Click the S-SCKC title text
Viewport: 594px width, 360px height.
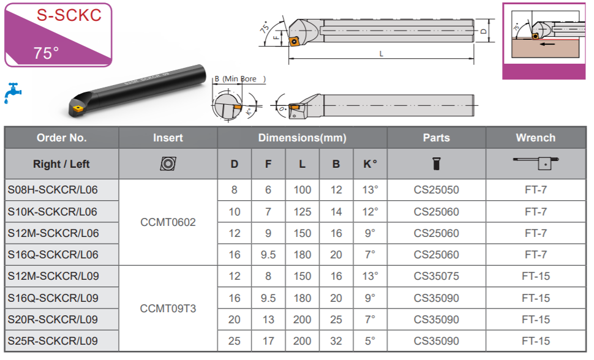pyautogui.click(x=69, y=15)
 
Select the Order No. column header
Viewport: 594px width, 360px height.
pyautogui.click(x=61, y=138)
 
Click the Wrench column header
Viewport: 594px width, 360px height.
pyautogui.click(x=535, y=138)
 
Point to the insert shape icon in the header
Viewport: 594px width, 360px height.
pyautogui.click(x=168, y=163)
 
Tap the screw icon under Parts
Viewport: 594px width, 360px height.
pyautogui.click(x=437, y=163)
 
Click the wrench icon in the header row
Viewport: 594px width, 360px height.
pyautogui.click(x=536, y=163)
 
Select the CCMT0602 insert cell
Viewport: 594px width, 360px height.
pyautogui.click(x=168, y=222)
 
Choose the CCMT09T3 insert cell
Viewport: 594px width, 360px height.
pyautogui.click(x=168, y=309)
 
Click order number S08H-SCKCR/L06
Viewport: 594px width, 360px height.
pyautogui.click(x=53, y=190)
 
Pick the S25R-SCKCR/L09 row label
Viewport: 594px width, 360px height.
pyautogui.click(x=53, y=341)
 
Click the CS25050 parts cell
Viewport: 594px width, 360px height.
pyautogui.click(x=437, y=190)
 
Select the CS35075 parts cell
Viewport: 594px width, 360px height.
pyautogui.click(x=437, y=276)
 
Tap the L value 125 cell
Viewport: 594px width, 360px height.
pyautogui.click(x=303, y=212)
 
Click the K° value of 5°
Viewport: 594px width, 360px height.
pyautogui.click(x=370, y=341)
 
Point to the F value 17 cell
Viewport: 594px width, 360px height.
pyautogui.click(x=268, y=341)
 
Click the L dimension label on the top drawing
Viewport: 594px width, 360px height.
pyautogui.click(x=381, y=54)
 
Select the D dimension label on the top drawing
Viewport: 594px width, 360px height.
pyautogui.click(x=483, y=31)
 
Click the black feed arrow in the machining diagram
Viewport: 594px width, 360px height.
pyautogui.click(x=547, y=44)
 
